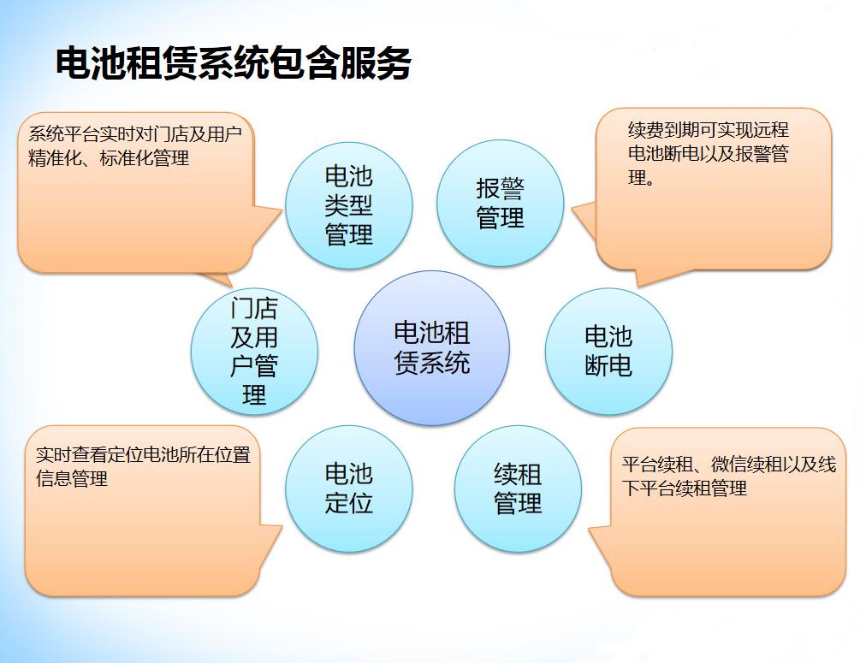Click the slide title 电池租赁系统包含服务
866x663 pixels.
(x=233, y=64)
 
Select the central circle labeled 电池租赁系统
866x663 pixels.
(x=431, y=348)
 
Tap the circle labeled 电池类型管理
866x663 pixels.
(x=348, y=205)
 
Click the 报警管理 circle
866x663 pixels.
(x=500, y=204)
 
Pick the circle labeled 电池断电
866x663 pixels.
(x=608, y=351)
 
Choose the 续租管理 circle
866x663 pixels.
(x=517, y=488)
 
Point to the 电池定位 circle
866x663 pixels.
(x=348, y=488)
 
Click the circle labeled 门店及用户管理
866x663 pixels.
(x=254, y=352)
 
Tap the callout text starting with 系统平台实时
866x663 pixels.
(x=134, y=146)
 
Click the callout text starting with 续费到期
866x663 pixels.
(x=708, y=154)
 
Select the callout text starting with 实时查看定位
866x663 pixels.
(x=143, y=466)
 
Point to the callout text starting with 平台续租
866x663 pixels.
(x=728, y=477)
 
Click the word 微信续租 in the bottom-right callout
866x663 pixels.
(x=746, y=465)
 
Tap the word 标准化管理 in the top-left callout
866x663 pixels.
(x=145, y=158)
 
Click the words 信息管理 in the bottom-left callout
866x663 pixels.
(x=72, y=479)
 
